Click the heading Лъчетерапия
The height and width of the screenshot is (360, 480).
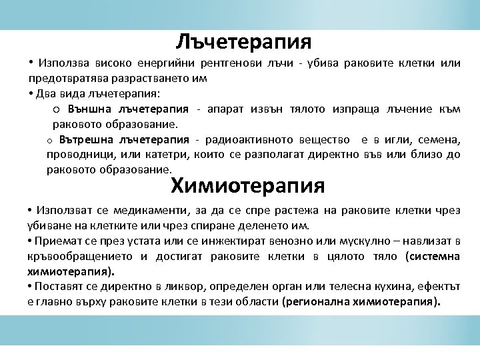tap(244, 42)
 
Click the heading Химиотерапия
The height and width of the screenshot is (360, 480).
tap(248, 183)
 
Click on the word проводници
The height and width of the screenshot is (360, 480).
tap(74, 155)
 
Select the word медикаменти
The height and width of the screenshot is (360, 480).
tap(127, 211)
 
